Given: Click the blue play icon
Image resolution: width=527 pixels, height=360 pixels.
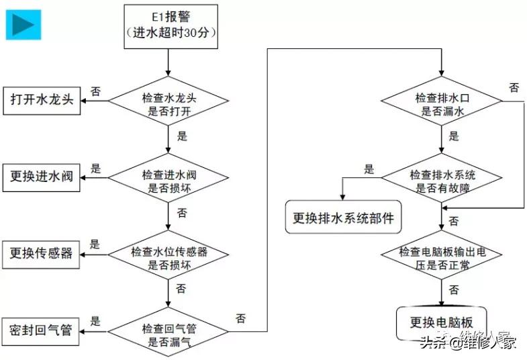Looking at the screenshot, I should [x=24, y=24].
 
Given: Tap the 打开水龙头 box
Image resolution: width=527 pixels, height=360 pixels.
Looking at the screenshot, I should [x=42, y=99].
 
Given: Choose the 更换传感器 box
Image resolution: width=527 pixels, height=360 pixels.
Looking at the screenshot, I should [x=42, y=253].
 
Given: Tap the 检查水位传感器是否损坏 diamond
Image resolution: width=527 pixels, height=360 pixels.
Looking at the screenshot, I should [x=169, y=256].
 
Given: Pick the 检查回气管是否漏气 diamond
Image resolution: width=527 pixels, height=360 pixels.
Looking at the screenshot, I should [x=169, y=332].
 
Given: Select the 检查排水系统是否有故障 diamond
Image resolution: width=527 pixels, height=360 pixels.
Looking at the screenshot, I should [x=442, y=179].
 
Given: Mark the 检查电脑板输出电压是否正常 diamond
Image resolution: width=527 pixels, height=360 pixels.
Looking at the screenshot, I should [x=442, y=256].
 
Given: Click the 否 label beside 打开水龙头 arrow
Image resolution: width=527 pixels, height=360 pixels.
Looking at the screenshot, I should [x=96, y=92].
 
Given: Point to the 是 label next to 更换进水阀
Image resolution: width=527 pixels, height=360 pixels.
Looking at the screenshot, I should [x=95, y=169].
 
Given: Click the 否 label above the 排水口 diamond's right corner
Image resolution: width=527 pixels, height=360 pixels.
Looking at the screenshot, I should [x=514, y=87].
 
